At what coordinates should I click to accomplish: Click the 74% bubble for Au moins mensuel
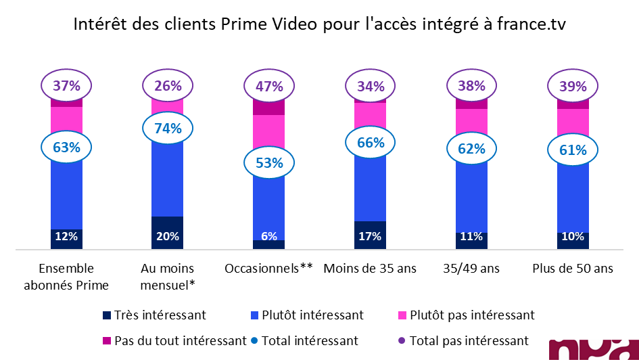pos(168,129)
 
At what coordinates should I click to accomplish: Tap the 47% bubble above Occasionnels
pos(269,86)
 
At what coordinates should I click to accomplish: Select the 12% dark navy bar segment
pos(66,238)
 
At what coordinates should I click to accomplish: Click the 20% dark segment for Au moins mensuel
pos(168,234)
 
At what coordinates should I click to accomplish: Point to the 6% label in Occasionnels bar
pos(269,237)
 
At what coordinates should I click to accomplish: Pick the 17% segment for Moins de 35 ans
pos(371,236)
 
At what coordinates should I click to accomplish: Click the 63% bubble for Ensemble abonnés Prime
pos(66,147)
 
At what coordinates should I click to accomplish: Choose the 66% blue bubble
pos(371,143)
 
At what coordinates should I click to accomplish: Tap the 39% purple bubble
pos(573,86)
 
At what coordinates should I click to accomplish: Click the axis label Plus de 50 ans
pos(573,269)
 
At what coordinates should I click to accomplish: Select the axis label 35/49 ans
pos(471,269)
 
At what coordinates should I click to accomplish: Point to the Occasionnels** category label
pos(269,269)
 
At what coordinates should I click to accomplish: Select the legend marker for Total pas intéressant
pos(404,340)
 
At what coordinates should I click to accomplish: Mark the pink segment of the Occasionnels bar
pos(269,130)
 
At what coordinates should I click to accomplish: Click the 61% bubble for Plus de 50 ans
pos(573,150)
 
